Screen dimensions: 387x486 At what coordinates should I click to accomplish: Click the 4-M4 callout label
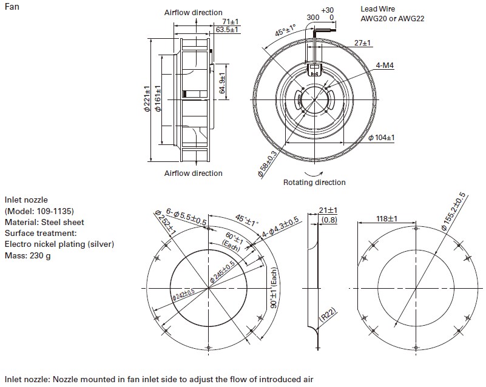point(385,65)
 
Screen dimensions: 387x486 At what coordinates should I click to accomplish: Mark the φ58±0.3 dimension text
point(267,163)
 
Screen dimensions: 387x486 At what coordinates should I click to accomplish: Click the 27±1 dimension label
point(363,43)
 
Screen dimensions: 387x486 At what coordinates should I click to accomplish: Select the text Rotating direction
point(314,182)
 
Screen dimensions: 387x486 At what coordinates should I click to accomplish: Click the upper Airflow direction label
point(193,12)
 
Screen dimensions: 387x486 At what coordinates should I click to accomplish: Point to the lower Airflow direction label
point(193,173)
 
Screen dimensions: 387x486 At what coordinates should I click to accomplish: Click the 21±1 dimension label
point(328,210)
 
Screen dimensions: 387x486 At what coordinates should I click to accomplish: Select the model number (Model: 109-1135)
point(39,210)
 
